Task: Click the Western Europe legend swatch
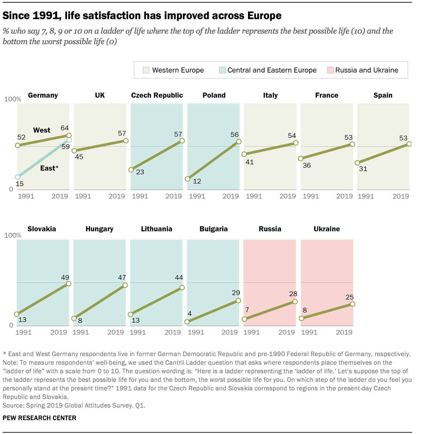click(x=146, y=70)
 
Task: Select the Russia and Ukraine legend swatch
click(x=330, y=70)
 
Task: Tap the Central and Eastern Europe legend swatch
click(x=222, y=70)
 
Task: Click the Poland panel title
click(x=214, y=95)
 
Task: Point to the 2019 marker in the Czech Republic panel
click(x=182, y=141)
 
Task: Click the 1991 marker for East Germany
click(x=18, y=177)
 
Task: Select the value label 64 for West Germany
click(x=65, y=128)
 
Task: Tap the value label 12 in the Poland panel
click(x=197, y=181)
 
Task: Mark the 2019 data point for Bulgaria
click(x=238, y=300)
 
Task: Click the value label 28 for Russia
click(x=293, y=294)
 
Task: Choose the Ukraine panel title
click(x=327, y=229)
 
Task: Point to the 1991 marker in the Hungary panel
click(x=74, y=319)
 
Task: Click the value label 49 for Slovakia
click(x=65, y=278)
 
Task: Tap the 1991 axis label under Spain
click(x=366, y=197)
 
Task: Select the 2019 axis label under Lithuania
click(x=173, y=332)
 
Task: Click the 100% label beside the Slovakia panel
click(x=13, y=235)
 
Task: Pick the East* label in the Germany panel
click(x=49, y=168)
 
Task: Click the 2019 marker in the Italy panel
click(x=296, y=143)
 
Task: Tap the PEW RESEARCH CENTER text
click(x=39, y=418)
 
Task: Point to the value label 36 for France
click(x=307, y=165)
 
